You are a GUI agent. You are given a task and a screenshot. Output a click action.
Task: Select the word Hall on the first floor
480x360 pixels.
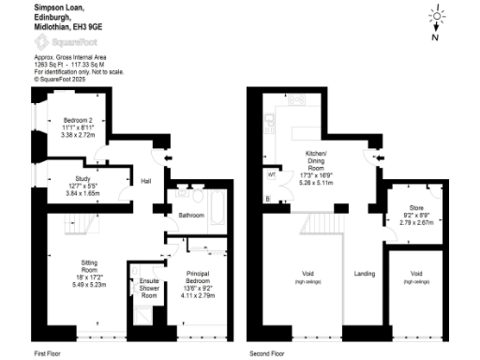(146, 181)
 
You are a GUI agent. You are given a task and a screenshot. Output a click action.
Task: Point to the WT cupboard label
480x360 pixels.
(271, 174)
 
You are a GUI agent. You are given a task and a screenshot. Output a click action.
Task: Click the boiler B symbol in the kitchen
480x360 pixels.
(267, 199)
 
